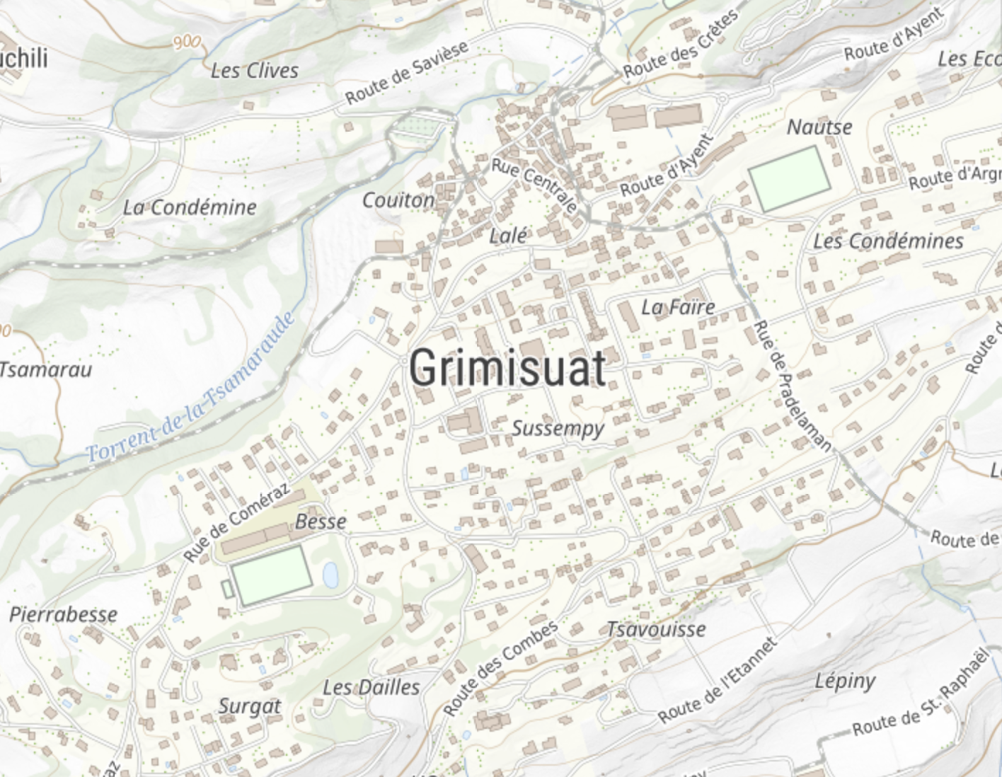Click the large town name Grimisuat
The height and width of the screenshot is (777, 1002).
coord(507,367)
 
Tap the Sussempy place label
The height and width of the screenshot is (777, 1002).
coord(558,428)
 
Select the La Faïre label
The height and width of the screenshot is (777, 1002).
coord(678,307)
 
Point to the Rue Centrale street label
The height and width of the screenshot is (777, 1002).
coord(535,185)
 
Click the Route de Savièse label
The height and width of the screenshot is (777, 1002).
coord(407,72)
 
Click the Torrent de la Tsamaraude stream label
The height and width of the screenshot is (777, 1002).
coord(191,390)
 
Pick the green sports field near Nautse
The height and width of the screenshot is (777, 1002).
coord(789,178)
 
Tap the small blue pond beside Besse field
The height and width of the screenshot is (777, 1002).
coord(330,574)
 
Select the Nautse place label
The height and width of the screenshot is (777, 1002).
coord(819,127)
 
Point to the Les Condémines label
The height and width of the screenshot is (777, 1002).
coord(888,241)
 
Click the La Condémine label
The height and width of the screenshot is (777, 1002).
coord(190,207)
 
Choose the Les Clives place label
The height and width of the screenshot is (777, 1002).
coord(255,71)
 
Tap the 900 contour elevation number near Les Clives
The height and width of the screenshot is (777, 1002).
coord(186,42)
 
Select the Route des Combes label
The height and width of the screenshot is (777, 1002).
coord(500,667)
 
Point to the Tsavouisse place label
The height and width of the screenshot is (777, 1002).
coord(656,629)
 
